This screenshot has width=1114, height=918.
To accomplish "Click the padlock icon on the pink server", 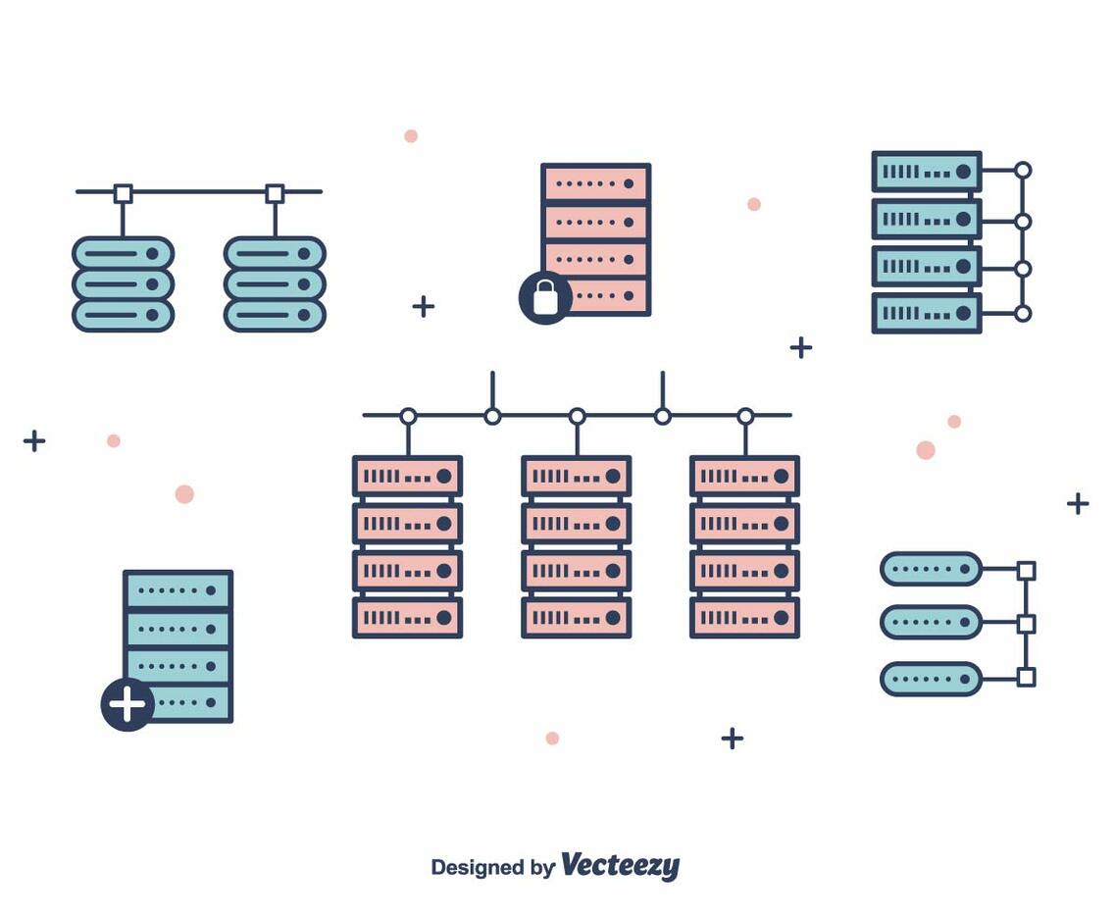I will coord(545,296).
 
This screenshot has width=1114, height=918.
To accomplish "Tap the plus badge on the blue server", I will coord(127,704).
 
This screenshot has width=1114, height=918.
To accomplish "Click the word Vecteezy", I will coord(620,866).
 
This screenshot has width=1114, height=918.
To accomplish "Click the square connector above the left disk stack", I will coord(123,193).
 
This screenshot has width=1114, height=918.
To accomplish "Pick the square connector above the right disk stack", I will coord(275,193).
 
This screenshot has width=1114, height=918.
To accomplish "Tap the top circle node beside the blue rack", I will coord(1023,171).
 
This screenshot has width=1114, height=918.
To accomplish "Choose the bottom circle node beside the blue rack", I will coord(1023,314).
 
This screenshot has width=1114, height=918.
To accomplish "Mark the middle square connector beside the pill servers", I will coord(1026,624).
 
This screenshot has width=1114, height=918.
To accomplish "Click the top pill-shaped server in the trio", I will coord(931,569).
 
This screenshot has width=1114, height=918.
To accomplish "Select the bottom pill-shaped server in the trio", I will coord(931,679).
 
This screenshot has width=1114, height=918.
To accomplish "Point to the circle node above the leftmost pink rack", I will coord(408,417).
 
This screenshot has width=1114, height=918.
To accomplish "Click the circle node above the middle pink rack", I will coord(577,417).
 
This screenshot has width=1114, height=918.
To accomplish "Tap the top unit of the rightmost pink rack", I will coord(744,476).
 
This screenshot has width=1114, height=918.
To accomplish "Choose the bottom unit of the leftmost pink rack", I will coord(407,618).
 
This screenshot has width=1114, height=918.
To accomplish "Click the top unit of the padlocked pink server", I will coord(595,183).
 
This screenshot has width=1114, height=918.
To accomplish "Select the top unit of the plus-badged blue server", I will coord(177,589).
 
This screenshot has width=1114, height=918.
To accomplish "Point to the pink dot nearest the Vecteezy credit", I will coord(552,739).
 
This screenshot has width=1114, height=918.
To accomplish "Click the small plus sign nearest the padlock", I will coord(423,306).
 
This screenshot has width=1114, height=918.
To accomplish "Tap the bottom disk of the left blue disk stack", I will coord(123,315).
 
